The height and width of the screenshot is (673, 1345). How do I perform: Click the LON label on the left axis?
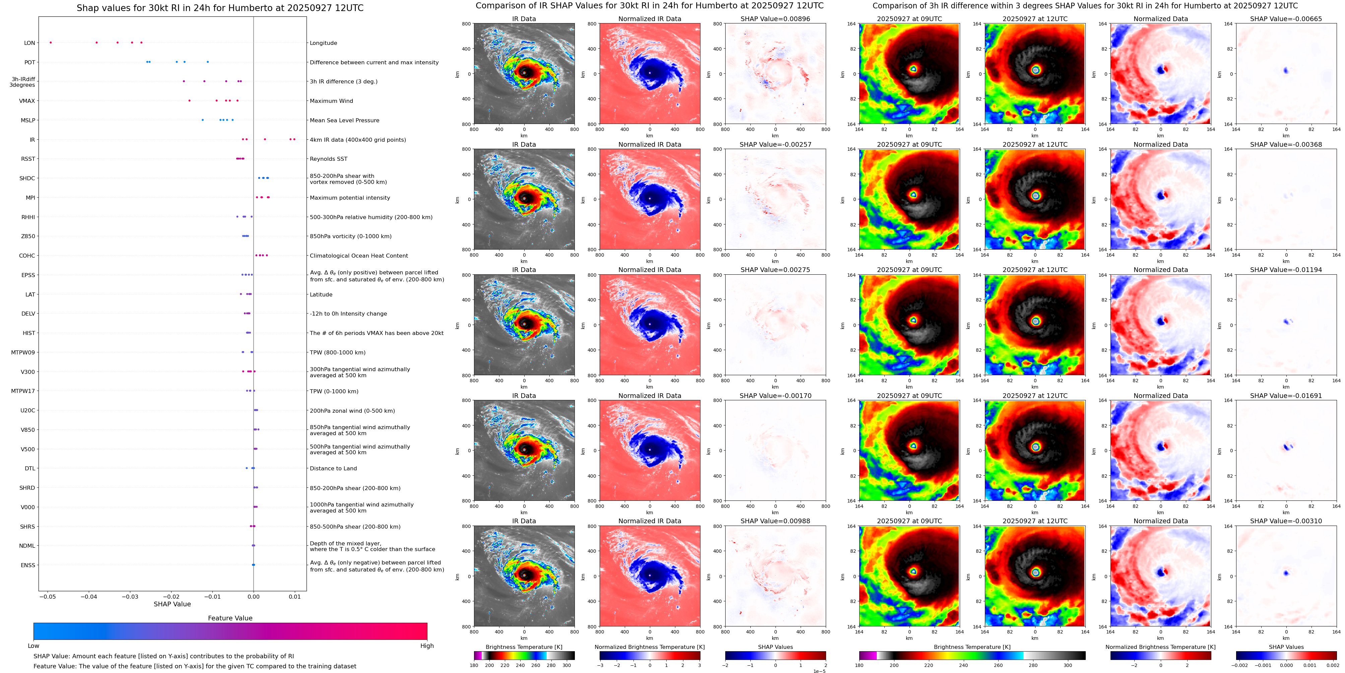coord(30,43)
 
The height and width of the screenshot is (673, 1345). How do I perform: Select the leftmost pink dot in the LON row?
coord(51,42)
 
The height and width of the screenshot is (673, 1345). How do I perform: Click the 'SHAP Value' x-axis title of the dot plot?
coord(172,604)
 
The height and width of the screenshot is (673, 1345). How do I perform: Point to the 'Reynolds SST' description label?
coord(328,159)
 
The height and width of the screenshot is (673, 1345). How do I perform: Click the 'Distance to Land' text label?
coord(333,468)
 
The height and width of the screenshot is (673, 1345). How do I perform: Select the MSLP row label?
coord(28,120)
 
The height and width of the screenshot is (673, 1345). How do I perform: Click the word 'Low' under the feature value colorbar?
coord(33,646)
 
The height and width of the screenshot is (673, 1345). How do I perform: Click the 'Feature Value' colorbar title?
coord(230,618)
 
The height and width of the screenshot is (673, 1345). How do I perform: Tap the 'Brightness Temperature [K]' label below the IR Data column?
coord(524,647)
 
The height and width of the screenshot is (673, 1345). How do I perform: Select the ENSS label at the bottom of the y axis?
coord(28,565)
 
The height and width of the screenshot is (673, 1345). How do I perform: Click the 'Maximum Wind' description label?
coord(331,101)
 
